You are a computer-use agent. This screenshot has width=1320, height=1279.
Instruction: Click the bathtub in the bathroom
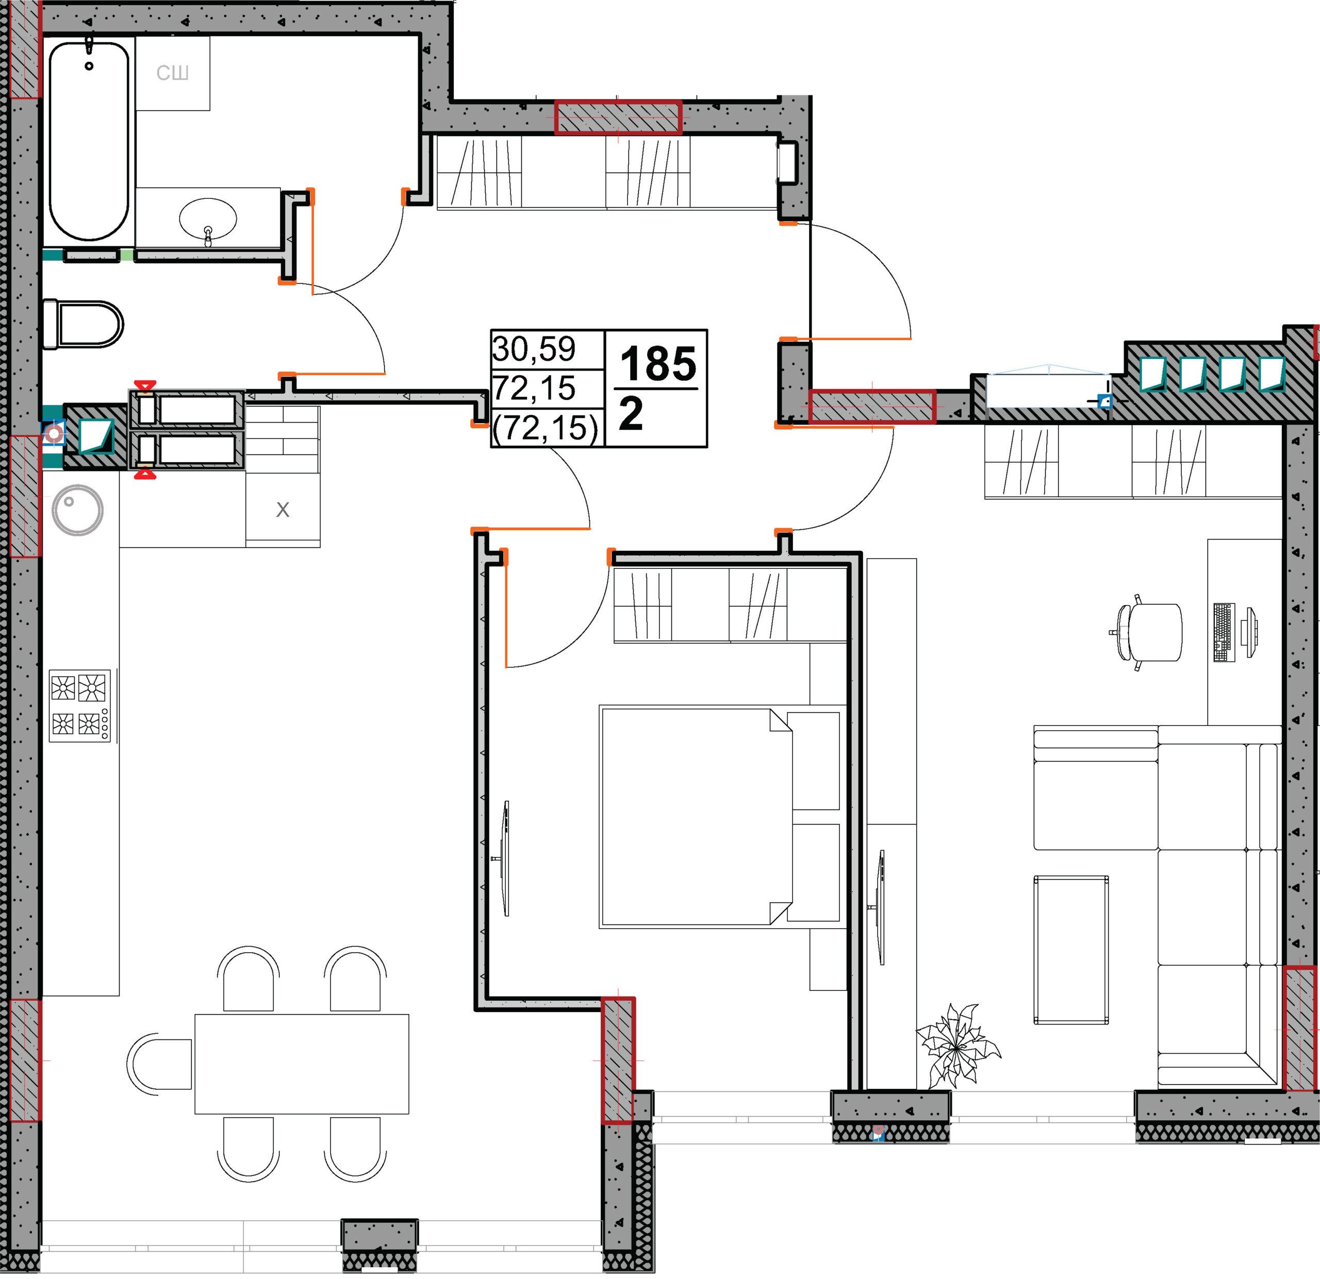pyautogui.click(x=89, y=141)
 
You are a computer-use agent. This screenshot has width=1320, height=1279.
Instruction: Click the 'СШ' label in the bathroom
pyautogui.click(x=172, y=73)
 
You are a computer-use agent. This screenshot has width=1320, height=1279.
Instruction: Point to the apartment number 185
pyautogui.click(x=657, y=364)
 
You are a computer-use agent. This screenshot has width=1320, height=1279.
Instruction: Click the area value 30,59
pyautogui.click(x=534, y=349)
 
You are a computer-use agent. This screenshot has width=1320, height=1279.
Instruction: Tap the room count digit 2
pyautogui.click(x=631, y=413)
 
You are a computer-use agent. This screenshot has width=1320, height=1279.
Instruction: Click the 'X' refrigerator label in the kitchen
pyautogui.click(x=283, y=510)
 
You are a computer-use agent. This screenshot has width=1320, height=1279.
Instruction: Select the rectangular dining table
pyautogui.click(x=302, y=1064)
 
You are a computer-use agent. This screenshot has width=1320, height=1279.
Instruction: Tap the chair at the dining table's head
pyautogui.click(x=160, y=1064)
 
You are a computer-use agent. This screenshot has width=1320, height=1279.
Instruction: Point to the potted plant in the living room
pyautogui.click(x=957, y=1046)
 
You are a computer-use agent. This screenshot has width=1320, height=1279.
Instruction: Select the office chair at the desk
pyautogui.click(x=1146, y=633)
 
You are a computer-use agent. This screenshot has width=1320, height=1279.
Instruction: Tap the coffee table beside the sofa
pyautogui.click(x=1071, y=950)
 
